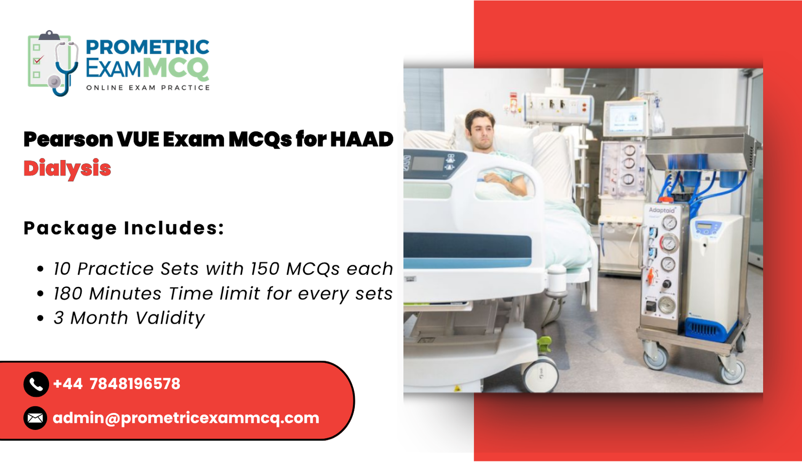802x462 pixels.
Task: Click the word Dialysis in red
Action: pyautogui.click(x=67, y=169)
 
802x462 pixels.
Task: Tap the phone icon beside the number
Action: pyautogui.click(x=36, y=384)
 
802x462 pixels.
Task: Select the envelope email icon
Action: pyautogui.click(x=35, y=418)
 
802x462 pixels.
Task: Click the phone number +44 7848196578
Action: pyautogui.click(x=116, y=384)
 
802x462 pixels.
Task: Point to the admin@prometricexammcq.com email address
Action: pyautogui.click(x=185, y=418)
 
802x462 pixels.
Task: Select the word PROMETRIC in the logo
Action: pyautogui.click(x=147, y=47)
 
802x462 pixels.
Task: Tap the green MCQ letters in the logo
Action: pyautogui.click(x=176, y=68)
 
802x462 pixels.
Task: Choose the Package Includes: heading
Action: pyautogui.click(x=124, y=228)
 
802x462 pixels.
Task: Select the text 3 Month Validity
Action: pyautogui.click(x=129, y=318)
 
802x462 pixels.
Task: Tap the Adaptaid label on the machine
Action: pyautogui.click(x=662, y=210)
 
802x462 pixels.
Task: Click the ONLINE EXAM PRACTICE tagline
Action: pyautogui.click(x=148, y=88)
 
